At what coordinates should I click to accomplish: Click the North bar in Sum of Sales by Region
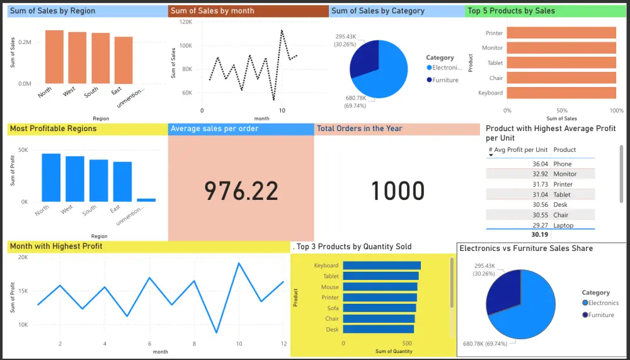[54, 57]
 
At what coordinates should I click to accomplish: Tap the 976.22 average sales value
[241, 190]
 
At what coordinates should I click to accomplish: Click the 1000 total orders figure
[397, 190]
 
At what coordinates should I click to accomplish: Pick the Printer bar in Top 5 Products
[561, 33]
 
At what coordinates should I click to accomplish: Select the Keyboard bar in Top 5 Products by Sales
[561, 93]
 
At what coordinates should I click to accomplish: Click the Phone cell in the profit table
[563, 164]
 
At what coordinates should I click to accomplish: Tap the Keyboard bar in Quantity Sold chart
[381, 265]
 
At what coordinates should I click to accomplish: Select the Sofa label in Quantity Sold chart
[333, 308]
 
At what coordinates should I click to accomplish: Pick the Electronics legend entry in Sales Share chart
[603, 303]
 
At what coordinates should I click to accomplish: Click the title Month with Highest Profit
[56, 246]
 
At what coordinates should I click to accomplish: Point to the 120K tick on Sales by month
[186, 21]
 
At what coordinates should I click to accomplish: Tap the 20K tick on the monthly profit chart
[23, 257]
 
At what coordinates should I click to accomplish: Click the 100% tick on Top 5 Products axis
[617, 110]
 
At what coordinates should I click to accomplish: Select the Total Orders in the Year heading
[359, 129]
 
